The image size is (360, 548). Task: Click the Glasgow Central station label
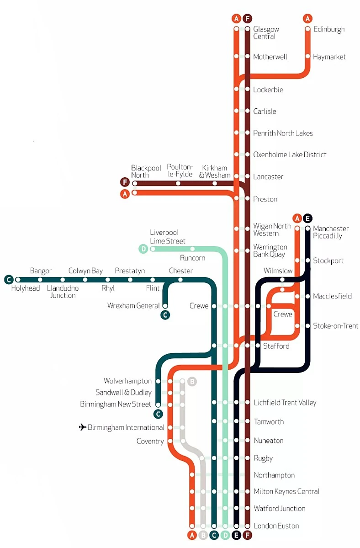click(x=266, y=33)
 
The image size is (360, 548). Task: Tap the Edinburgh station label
click(x=329, y=29)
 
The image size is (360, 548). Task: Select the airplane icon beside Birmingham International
click(x=82, y=427)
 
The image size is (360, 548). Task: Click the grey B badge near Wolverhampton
click(x=192, y=381)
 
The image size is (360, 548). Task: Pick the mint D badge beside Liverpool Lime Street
click(x=143, y=249)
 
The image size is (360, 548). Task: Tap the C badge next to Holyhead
click(x=9, y=280)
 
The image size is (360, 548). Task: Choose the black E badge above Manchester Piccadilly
click(x=307, y=218)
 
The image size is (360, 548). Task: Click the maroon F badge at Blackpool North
click(x=125, y=182)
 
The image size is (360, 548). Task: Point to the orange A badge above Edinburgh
click(x=307, y=18)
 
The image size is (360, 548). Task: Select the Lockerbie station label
click(x=268, y=90)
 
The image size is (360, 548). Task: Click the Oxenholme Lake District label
click(x=290, y=154)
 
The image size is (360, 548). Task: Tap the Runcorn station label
click(x=192, y=258)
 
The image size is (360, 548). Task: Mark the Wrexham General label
click(x=133, y=305)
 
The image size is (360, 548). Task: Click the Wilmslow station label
click(x=278, y=271)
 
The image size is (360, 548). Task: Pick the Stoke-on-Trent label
click(x=335, y=326)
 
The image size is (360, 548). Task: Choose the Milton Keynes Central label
click(x=286, y=491)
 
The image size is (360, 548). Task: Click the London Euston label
click(x=276, y=526)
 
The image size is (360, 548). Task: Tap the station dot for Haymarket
click(x=307, y=56)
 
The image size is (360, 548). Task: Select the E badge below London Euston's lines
click(x=236, y=535)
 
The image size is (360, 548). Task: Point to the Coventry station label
click(x=150, y=442)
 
